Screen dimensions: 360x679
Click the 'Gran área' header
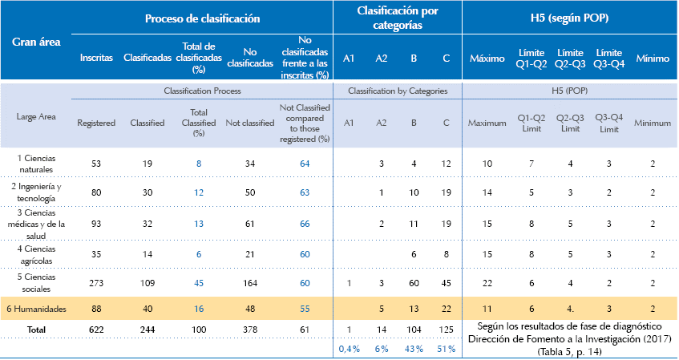34,41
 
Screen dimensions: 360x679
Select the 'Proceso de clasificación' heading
202,18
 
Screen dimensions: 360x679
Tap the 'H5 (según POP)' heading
570,18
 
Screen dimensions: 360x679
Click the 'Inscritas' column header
96,59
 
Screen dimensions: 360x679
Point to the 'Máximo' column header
487,59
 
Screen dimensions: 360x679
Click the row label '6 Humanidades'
35,308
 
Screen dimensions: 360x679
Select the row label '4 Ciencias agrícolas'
36,255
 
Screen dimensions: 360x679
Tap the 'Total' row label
36,329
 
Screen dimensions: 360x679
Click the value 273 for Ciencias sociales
96,282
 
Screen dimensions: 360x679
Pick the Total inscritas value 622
96,329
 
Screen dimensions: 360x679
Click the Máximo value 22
487,282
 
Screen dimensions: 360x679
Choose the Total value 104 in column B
414,329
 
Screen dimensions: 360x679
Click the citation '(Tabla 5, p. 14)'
570,351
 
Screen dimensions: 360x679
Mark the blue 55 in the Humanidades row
304,308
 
